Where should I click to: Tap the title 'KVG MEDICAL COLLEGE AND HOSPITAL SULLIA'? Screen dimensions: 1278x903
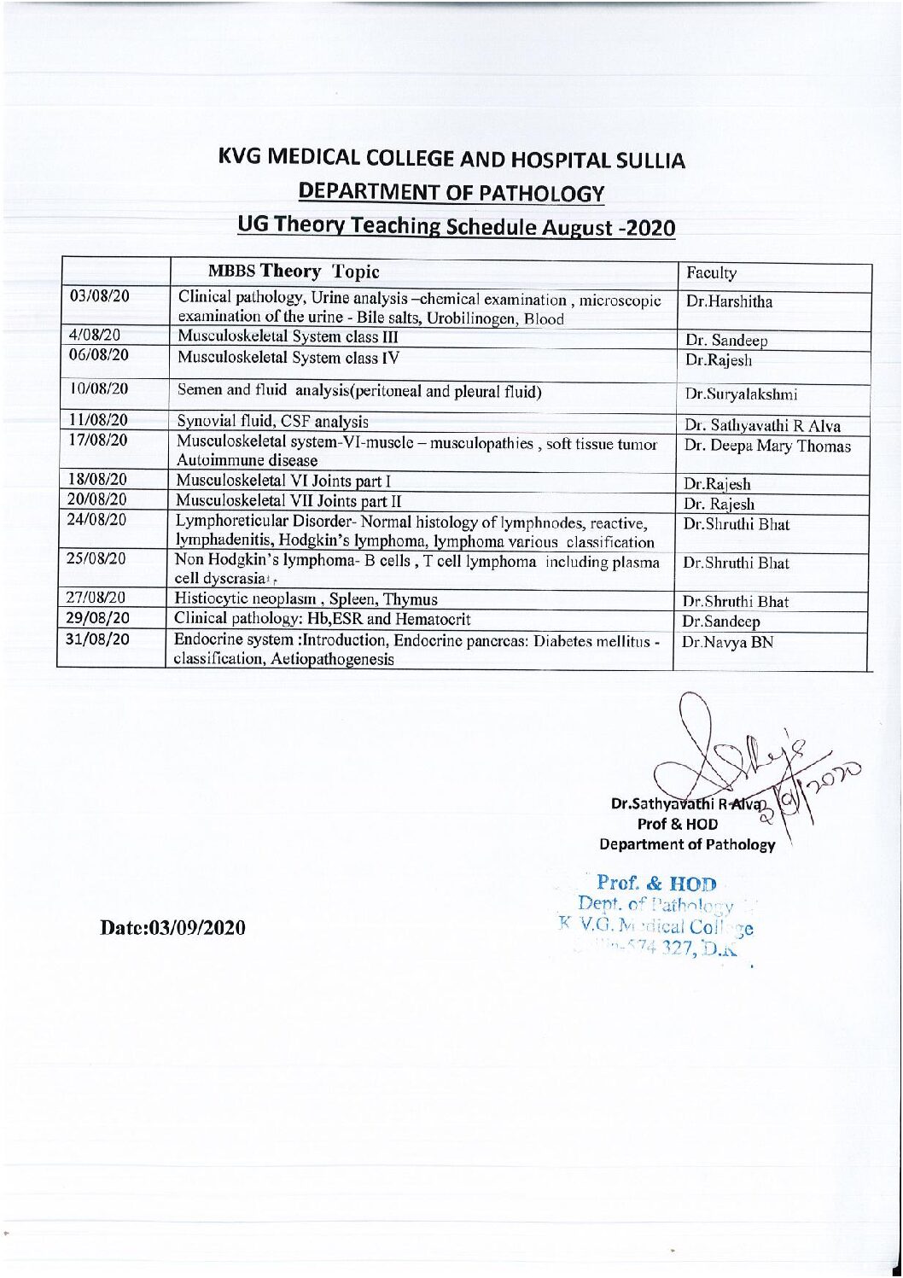click(x=451, y=159)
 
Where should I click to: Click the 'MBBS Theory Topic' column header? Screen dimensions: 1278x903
click(x=294, y=271)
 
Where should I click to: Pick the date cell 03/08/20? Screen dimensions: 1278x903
click(x=100, y=296)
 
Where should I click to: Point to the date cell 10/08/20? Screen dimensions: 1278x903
click(x=100, y=388)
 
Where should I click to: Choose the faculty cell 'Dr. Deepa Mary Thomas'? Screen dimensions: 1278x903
click(x=766, y=446)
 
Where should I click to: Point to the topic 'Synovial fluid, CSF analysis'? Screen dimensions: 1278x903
click(x=272, y=421)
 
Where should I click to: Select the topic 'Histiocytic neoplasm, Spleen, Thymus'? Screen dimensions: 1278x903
click(x=306, y=598)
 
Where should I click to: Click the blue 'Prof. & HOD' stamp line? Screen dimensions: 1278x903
click(x=656, y=882)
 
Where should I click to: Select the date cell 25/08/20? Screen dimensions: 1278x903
click(x=100, y=559)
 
